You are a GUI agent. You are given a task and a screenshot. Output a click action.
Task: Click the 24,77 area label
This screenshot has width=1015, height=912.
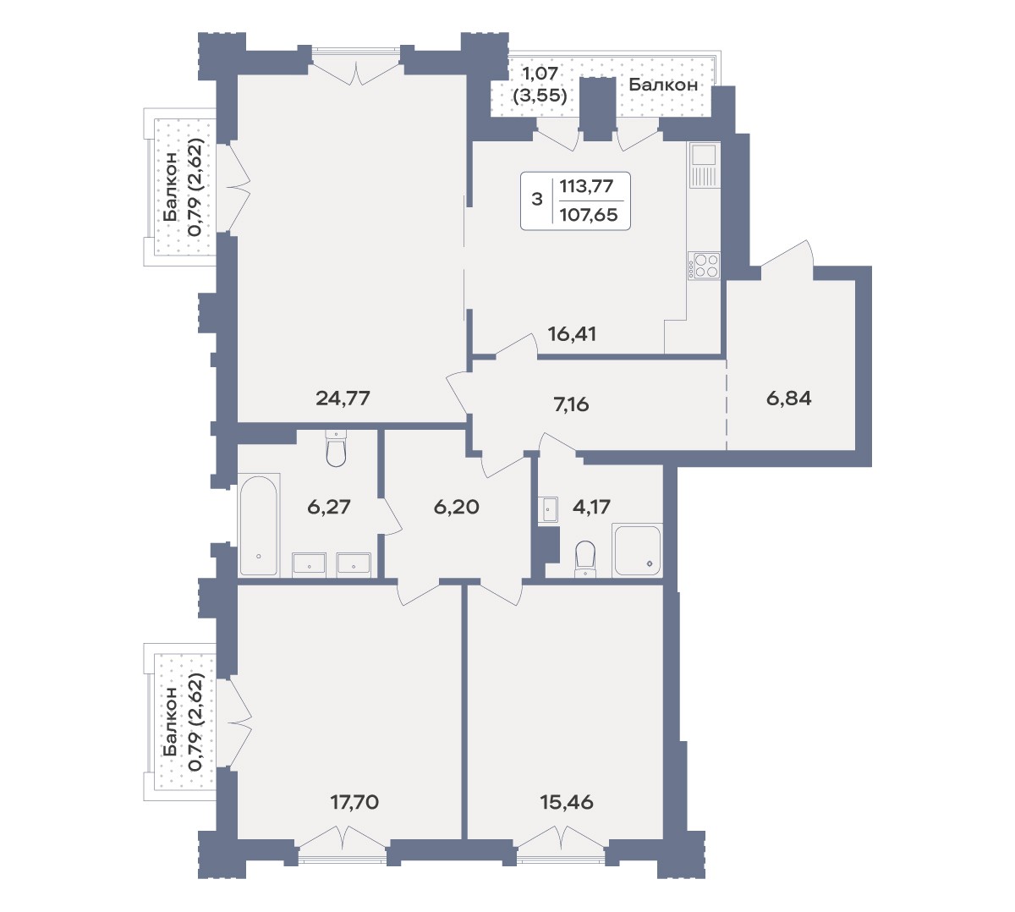pyautogui.click(x=343, y=398)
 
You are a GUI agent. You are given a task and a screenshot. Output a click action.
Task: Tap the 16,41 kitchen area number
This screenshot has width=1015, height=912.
pyautogui.click(x=572, y=333)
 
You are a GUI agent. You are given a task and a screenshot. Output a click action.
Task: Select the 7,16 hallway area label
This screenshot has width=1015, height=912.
pyautogui.click(x=571, y=404)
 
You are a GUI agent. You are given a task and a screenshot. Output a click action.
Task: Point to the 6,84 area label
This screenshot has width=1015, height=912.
pyautogui.click(x=788, y=398)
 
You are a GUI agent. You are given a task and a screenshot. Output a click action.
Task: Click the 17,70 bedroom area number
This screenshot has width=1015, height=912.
pyautogui.click(x=354, y=802)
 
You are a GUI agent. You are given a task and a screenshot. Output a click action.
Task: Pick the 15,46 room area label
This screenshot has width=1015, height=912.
pyautogui.click(x=567, y=802)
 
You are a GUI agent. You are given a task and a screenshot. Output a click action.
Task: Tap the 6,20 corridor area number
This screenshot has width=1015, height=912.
pyautogui.click(x=457, y=507)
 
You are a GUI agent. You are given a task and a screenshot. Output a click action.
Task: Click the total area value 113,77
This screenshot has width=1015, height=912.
pyautogui.click(x=586, y=186)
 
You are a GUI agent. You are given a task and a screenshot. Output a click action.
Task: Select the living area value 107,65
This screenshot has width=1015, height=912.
pyautogui.click(x=589, y=215)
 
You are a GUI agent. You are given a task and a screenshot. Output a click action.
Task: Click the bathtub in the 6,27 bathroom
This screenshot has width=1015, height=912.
pyautogui.click(x=259, y=525)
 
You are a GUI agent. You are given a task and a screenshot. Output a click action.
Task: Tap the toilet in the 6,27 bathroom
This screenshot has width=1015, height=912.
pyautogui.click(x=336, y=448)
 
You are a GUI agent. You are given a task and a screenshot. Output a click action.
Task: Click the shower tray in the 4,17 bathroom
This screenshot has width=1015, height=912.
pyautogui.click(x=637, y=550)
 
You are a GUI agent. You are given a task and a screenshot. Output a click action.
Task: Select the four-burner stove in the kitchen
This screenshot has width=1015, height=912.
pyautogui.click(x=705, y=265)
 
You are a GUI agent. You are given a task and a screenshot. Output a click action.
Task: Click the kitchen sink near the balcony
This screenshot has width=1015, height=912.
pyautogui.click(x=705, y=165)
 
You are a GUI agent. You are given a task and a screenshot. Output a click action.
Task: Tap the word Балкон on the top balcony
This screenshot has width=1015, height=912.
pyautogui.click(x=663, y=85)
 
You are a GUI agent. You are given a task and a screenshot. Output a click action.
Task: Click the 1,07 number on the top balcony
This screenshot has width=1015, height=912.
pyautogui.click(x=540, y=74)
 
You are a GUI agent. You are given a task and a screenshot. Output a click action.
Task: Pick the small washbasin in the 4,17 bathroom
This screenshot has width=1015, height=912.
pyautogui.click(x=548, y=510)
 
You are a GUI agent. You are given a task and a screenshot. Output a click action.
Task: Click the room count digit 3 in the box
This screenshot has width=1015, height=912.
pyautogui.click(x=537, y=200)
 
